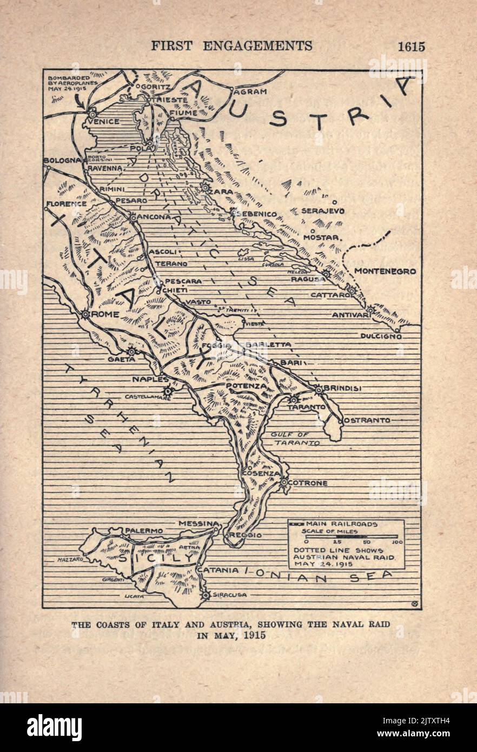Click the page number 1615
(x=412, y=47)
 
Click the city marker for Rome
(x=85, y=314)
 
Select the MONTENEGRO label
(x=386, y=272)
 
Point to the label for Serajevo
(x=322, y=211)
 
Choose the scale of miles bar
(x=352, y=537)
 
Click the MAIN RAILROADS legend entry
(x=342, y=524)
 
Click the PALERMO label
(x=144, y=531)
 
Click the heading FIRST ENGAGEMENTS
(x=231, y=46)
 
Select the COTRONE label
(x=308, y=483)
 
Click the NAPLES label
(x=150, y=380)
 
